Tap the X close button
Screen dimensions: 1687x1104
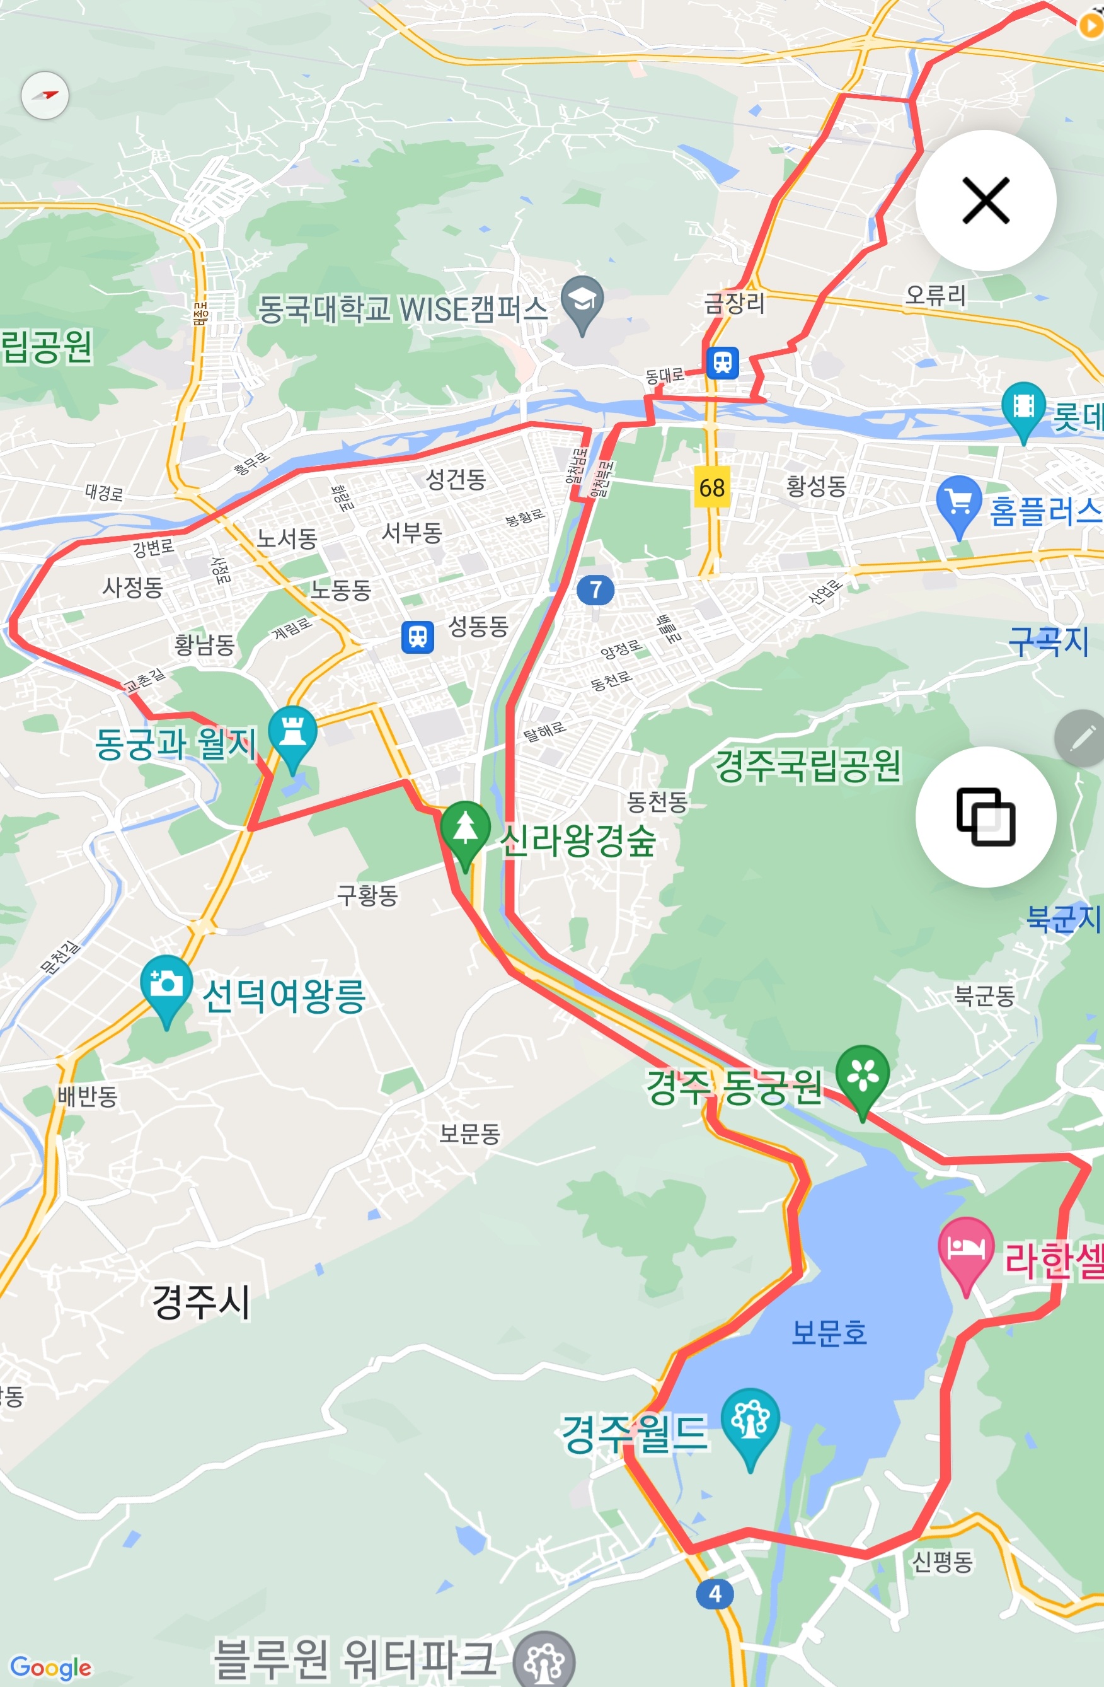coord(985,200)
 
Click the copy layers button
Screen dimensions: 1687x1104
coord(985,816)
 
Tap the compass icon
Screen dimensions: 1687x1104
coord(45,95)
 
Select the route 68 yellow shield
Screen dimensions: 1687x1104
coord(711,487)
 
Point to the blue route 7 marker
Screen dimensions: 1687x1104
coord(595,589)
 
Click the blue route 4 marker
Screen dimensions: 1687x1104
coord(715,1594)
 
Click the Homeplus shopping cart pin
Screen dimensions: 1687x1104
coord(958,502)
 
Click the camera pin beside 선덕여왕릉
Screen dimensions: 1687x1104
coord(166,984)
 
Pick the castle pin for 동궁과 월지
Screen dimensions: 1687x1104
coord(292,733)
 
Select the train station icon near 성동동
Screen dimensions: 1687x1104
coord(417,636)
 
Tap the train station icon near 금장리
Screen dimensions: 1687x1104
coord(722,362)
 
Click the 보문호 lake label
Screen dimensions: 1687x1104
coord(829,1333)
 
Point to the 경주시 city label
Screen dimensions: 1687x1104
coord(201,1301)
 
